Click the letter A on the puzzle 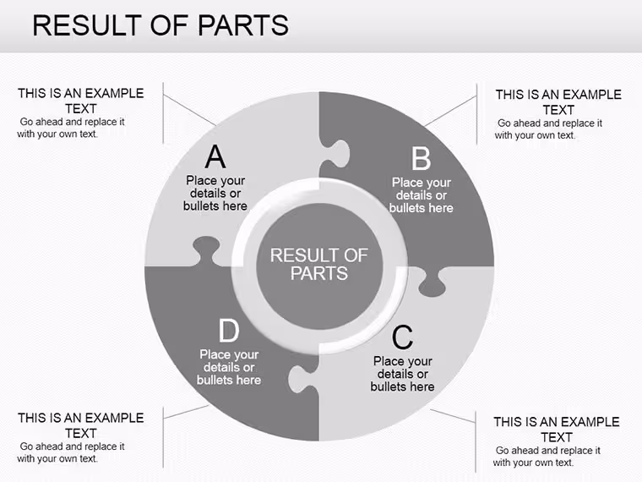coord(215,156)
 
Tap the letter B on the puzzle coord(422,159)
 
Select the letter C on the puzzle coord(402,337)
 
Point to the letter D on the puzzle coord(229,331)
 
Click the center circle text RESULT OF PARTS coord(319,265)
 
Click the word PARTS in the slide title coord(243,25)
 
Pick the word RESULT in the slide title coord(87,25)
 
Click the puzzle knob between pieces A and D coord(206,249)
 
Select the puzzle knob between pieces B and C coord(433,282)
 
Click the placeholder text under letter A coord(215,193)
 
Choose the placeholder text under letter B coord(422,195)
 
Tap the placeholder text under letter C coord(402,374)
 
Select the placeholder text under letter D coord(229,367)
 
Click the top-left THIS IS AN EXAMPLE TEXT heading coord(80,101)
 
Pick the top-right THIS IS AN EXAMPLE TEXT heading coord(558,102)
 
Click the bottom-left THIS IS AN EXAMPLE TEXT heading coord(80,425)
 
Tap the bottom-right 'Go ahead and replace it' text coord(548,451)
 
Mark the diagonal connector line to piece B coord(450,111)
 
